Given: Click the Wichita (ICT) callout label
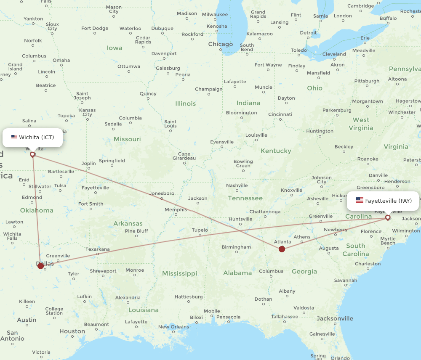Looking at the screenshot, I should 33,138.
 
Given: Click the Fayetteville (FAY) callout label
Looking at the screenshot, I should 383,201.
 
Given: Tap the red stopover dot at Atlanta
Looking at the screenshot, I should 282,249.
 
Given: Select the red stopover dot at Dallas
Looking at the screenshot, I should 40,266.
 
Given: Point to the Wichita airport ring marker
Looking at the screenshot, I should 32,154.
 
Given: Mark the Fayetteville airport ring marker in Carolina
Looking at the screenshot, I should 388,217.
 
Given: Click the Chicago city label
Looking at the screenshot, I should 220,44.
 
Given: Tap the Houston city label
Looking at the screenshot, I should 72,331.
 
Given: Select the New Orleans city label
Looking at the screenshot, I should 173,327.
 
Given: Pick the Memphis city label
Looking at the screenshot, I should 176,209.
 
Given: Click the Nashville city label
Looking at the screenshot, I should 237,185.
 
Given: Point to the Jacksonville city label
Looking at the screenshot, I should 335,318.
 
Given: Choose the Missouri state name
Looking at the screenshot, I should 127,139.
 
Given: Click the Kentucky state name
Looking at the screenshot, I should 276,151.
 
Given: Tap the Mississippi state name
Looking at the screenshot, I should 179,273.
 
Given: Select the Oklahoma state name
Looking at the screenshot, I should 37,210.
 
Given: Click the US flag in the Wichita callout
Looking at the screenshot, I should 14,137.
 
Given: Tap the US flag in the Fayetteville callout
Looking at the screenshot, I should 359,200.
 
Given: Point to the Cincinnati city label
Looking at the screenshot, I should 280,114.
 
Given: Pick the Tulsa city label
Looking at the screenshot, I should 60,185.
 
